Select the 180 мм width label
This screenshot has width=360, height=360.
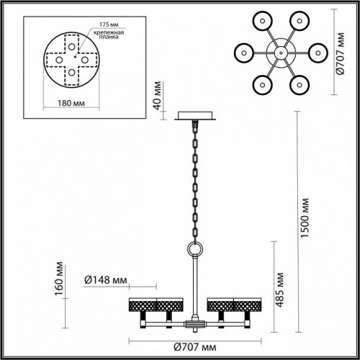pyautogui.click(x=71, y=102)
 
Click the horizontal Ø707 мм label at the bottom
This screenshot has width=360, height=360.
pyautogui.click(x=192, y=348)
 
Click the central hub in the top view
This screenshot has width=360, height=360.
pyautogui.click(x=279, y=53)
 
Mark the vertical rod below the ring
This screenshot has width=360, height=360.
pyautogui.click(x=194, y=284)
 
